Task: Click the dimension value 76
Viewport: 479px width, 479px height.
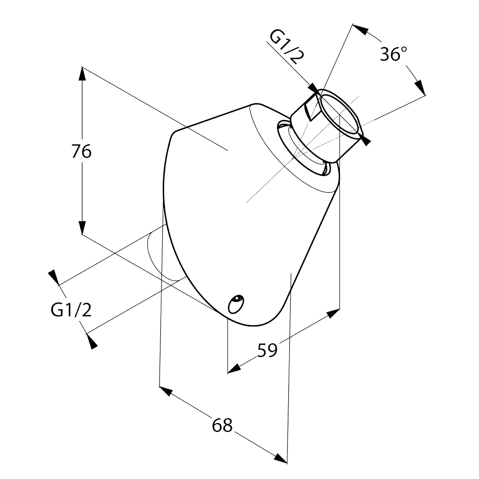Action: tap(81, 151)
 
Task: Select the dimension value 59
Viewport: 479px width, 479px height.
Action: tap(267, 350)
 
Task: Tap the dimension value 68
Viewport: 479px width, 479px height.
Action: tap(222, 425)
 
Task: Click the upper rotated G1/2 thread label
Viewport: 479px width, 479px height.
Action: tap(284, 47)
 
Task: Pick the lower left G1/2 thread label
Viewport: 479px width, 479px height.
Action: tap(71, 310)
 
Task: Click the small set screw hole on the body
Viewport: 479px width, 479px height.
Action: tap(236, 304)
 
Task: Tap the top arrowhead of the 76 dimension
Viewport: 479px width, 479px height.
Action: tap(82, 73)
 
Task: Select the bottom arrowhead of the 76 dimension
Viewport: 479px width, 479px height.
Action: tap(82, 227)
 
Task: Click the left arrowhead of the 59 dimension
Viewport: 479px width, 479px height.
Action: tap(234, 369)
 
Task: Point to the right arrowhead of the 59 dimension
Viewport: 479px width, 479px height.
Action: tap(333, 313)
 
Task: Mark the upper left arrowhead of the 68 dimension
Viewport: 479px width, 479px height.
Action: tap(166, 391)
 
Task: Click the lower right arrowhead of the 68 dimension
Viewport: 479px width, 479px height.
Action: tap(281, 458)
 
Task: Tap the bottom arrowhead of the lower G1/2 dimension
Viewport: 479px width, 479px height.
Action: tap(92, 341)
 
